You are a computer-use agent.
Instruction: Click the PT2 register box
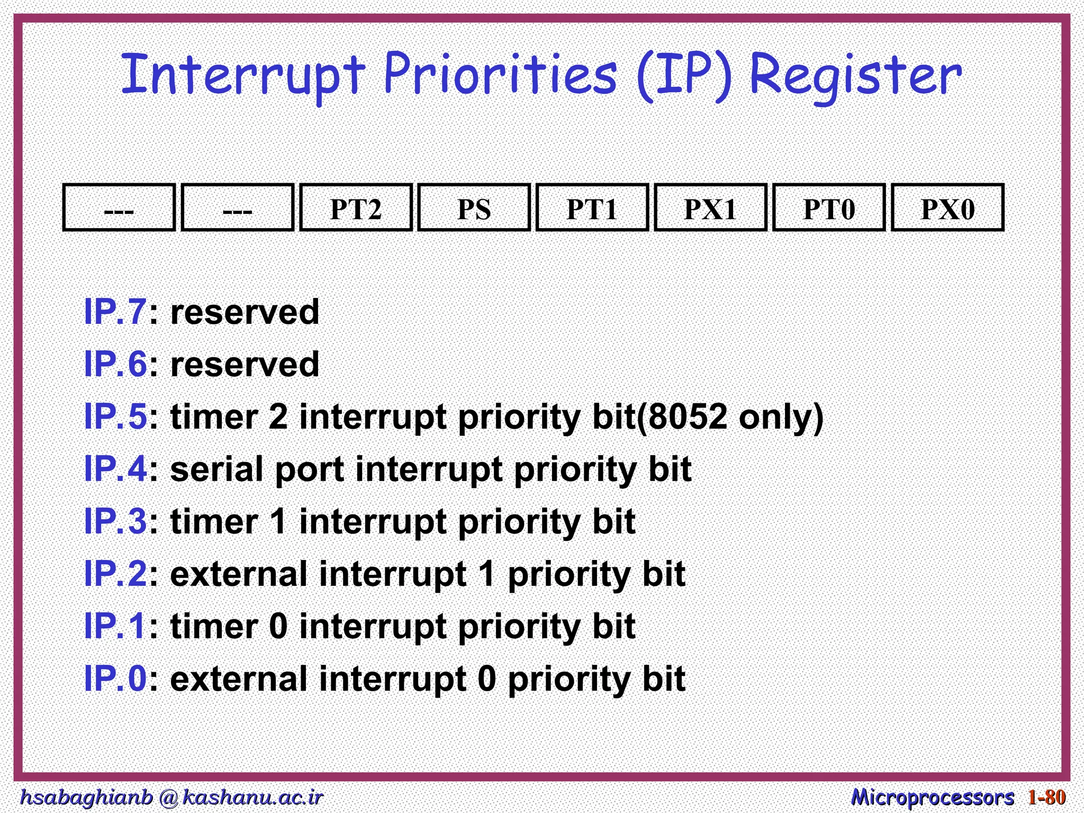pyautogui.click(x=356, y=208)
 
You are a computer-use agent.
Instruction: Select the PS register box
pyautogui.click(x=474, y=208)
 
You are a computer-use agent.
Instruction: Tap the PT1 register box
pyautogui.click(x=592, y=208)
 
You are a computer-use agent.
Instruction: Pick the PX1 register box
pyautogui.click(x=710, y=208)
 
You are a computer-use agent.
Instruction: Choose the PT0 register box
pyautogui.click(x=829, y=208)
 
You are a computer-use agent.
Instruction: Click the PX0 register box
pyautogui.click(x=947, y=208)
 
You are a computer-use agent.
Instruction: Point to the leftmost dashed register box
pyautogui.click(x=119, y=208)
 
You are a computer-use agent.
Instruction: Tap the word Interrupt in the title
pyautogui.click(x=243, y=75)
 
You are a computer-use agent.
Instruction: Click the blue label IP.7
pyautogui.click(x=115, y=312)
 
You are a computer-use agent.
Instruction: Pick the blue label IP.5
pyautogui.click(x=115, y=417)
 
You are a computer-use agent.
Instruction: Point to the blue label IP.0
pyautogui.click(x=115, y=679)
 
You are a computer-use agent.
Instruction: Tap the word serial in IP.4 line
pyautogui.click(x=217, y=469)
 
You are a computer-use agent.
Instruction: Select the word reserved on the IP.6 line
pyautogui.click(x=245, y=364)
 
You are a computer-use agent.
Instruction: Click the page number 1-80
pyautogui.click(x=1046, y=797)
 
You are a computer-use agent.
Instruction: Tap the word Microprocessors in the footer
pyautogui.click(x=932, y=797)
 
